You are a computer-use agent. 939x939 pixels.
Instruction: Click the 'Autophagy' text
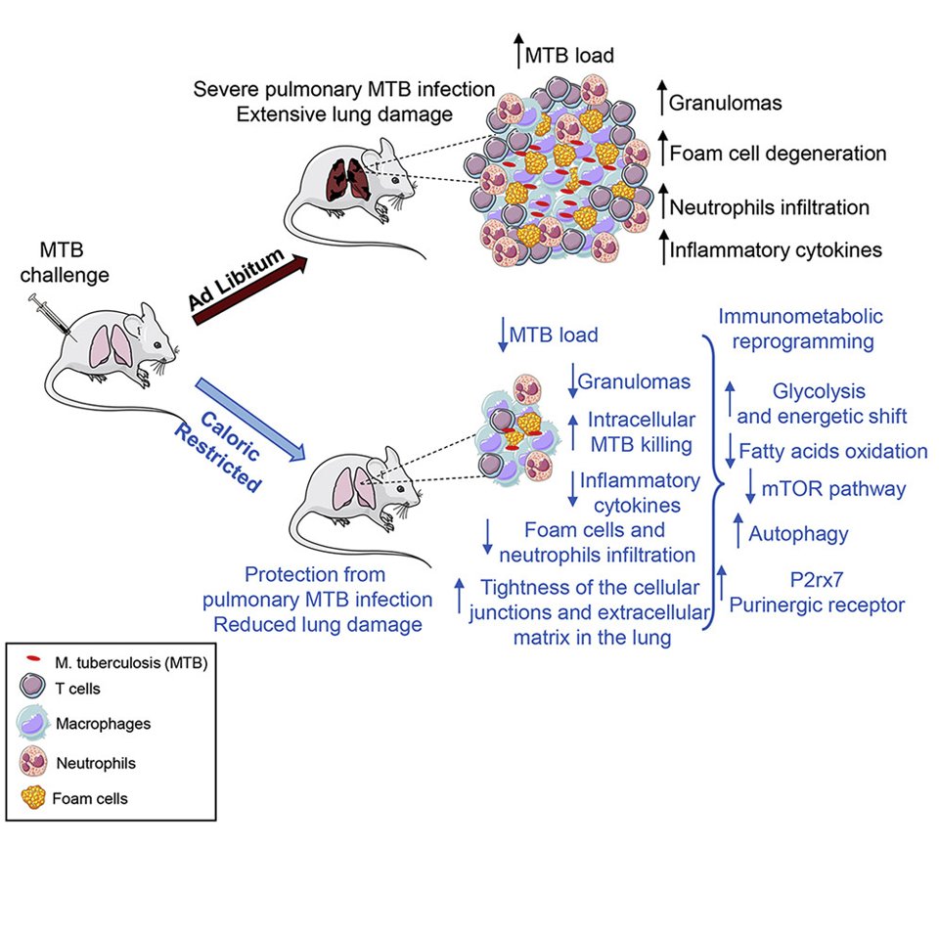798,534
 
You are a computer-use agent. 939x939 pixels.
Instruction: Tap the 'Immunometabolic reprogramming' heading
800,330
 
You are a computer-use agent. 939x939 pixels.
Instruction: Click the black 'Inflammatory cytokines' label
776,250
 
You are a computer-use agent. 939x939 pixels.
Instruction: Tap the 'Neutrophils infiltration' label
769,206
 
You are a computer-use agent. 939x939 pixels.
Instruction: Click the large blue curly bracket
713,484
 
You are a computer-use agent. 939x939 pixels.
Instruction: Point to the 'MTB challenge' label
75,264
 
